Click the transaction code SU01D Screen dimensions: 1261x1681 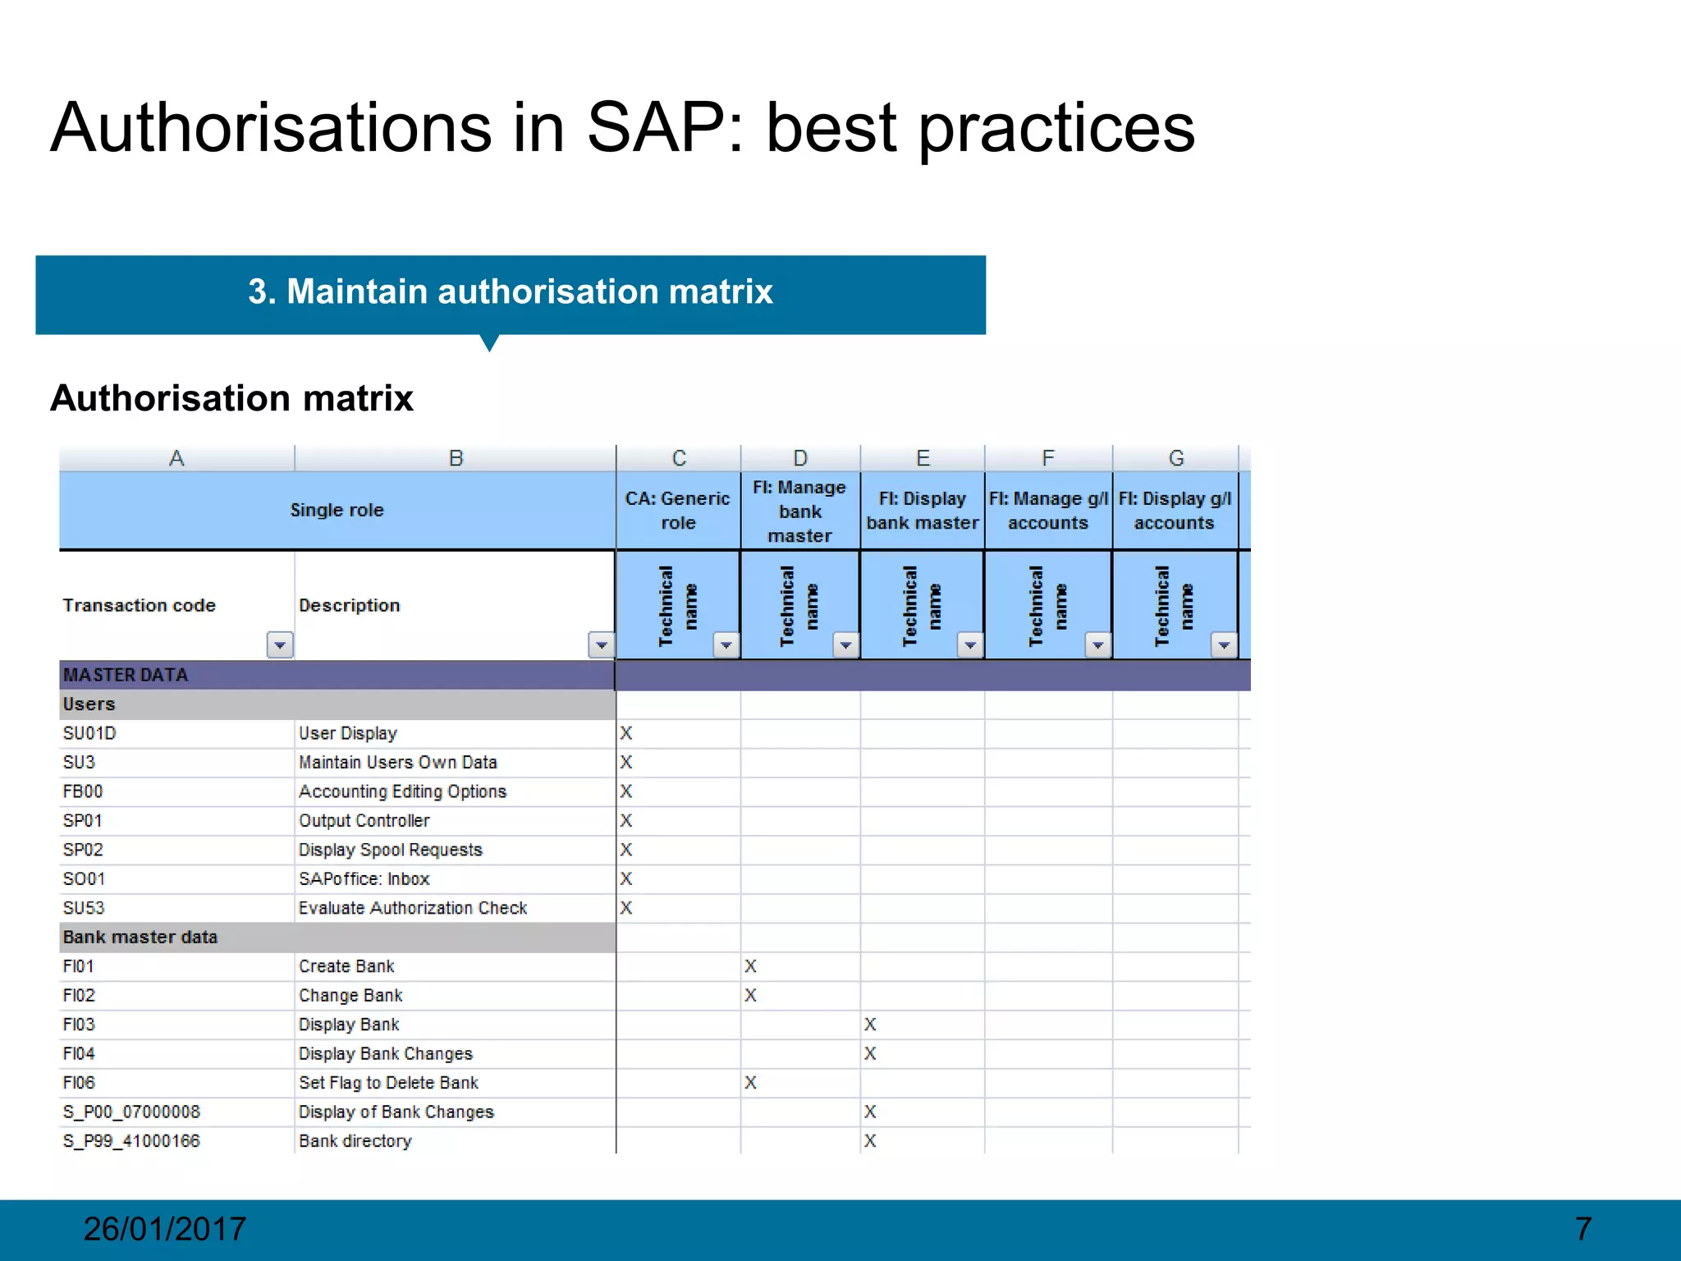tap(89, 733)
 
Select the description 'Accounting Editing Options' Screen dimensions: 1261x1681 tap(402, 791)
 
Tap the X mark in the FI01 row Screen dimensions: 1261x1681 tap(750, 966)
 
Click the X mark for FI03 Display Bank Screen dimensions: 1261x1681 tap(870, 1025)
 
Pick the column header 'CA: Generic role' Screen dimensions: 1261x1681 tap(677, 511)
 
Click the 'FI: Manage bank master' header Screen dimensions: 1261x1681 tap(799, 511)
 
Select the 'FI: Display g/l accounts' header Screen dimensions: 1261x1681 tap(1174, 511)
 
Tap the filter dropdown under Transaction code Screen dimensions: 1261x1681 tap(280, 645)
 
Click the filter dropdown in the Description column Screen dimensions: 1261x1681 tap(601, 645)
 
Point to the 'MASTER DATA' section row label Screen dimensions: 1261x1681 tap(126, 675)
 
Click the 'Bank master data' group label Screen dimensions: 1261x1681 tap(140, 938)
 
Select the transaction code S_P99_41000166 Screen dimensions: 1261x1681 tap(131, 1141)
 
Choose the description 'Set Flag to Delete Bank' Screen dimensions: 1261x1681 tap(388, 1083)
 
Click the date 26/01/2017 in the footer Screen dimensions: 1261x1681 tap(164, 1229)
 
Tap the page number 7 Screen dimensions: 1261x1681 tap(1583, 1229)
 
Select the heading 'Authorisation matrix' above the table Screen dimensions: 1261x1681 tap(231, 398)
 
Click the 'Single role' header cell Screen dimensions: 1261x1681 tap(337, 510)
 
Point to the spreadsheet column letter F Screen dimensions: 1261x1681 tap(1048, 458)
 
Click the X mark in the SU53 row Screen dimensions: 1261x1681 tap(626, 908)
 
